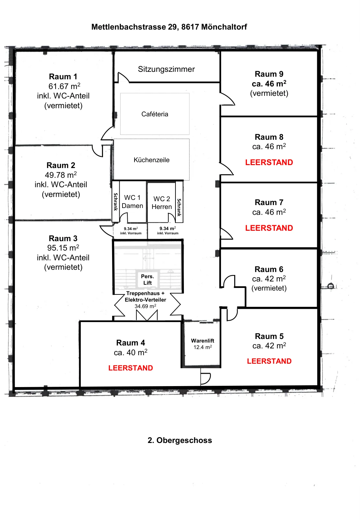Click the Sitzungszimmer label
point(166,69)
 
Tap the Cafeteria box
point(155,114)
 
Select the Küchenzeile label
point(151,160)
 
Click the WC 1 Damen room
point(133,202)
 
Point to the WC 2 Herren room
point(161,203)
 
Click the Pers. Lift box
point(148,279)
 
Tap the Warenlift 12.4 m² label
point(202,344)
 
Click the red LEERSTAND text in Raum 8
point(269,162)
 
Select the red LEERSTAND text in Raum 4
point(130,368)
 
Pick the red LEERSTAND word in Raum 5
point(269,361)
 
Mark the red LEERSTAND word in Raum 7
point(269,228)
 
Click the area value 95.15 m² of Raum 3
point(63,248)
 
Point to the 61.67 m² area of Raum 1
point(64,86)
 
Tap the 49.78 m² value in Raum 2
point(61,175)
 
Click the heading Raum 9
point(269,74)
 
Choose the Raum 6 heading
point(269,269)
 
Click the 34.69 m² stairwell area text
point(145,306)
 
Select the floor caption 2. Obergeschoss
point(180,440)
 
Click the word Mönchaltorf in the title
point(224,27)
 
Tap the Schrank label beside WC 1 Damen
point(116,202)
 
